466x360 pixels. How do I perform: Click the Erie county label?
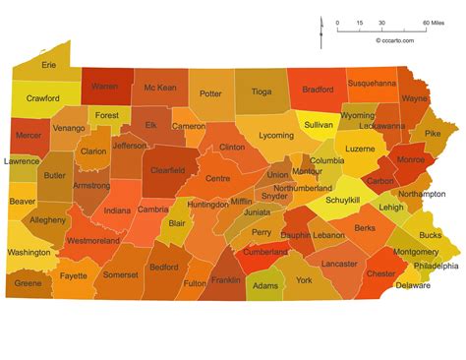click(49, 65)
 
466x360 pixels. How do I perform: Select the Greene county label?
click(29, 283)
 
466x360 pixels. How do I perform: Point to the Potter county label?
click(210, 93)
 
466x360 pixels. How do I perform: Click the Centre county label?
click(217, 178)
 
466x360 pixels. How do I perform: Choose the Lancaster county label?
click(339, 264)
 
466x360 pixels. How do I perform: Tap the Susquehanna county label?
click(372, 84)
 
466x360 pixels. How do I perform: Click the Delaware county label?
click(412, 285)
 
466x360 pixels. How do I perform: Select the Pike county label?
click(433, 131)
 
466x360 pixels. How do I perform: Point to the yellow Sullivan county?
click(317, 126)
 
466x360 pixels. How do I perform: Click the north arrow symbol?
click(321, 30)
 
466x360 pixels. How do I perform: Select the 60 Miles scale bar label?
click(432, 23)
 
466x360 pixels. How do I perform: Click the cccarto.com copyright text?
click(394, 40)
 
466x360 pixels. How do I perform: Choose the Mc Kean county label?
click(159, 88)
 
